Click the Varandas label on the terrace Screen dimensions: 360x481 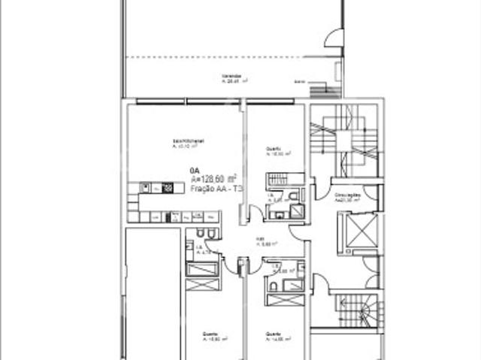point(231,77)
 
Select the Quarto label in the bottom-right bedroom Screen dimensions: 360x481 point(271,333)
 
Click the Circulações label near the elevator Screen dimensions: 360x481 point(348,195)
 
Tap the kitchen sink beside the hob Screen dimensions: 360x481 point(154,188)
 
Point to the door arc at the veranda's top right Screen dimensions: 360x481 point(334,38)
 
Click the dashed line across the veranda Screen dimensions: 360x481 point(225,57)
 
